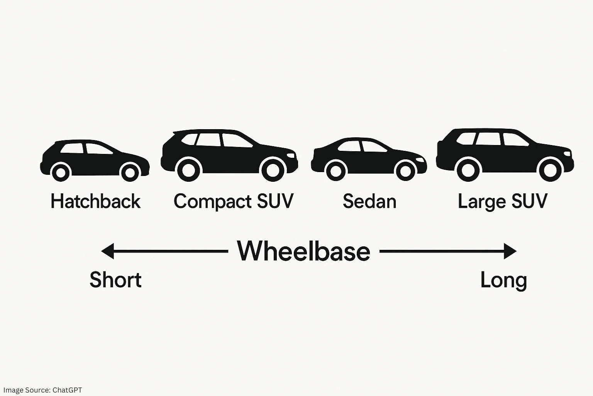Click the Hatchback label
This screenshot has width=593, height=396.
coord(95,201)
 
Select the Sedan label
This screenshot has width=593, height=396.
coord(369,201)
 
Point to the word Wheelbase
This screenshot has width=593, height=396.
coord(304,251)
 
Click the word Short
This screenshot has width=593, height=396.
coord(115,280)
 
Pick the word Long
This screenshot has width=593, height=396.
coord(503,280)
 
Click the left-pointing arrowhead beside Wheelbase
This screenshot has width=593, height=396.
coord(107,251)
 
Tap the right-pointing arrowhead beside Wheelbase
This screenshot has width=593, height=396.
coord(510,251)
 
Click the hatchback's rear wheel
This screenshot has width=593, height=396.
coord(61,172)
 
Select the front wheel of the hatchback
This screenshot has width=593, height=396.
coord(130,172)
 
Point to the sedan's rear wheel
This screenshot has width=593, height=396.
coord(336,171)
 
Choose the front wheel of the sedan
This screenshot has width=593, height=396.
coord(405,171)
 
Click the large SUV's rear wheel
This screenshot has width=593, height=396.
coord(468,169)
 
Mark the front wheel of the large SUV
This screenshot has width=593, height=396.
coord(550,169)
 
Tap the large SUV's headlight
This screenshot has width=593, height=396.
coord(567,154)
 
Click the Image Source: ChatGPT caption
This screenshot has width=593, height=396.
coord(42,390)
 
